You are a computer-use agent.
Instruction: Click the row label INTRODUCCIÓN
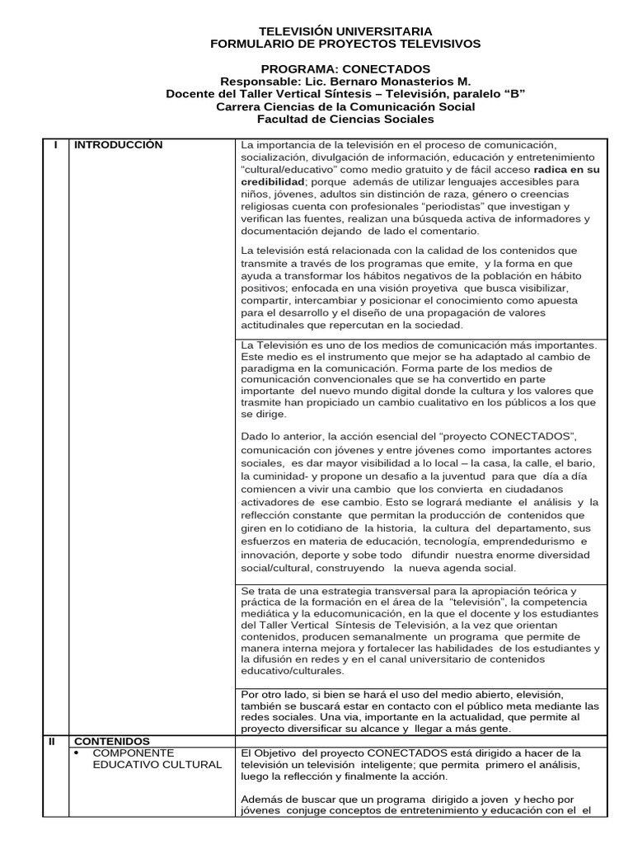coord(119,145)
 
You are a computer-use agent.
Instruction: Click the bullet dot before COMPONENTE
coord(77,753)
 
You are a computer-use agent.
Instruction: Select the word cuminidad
coord(274,476)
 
